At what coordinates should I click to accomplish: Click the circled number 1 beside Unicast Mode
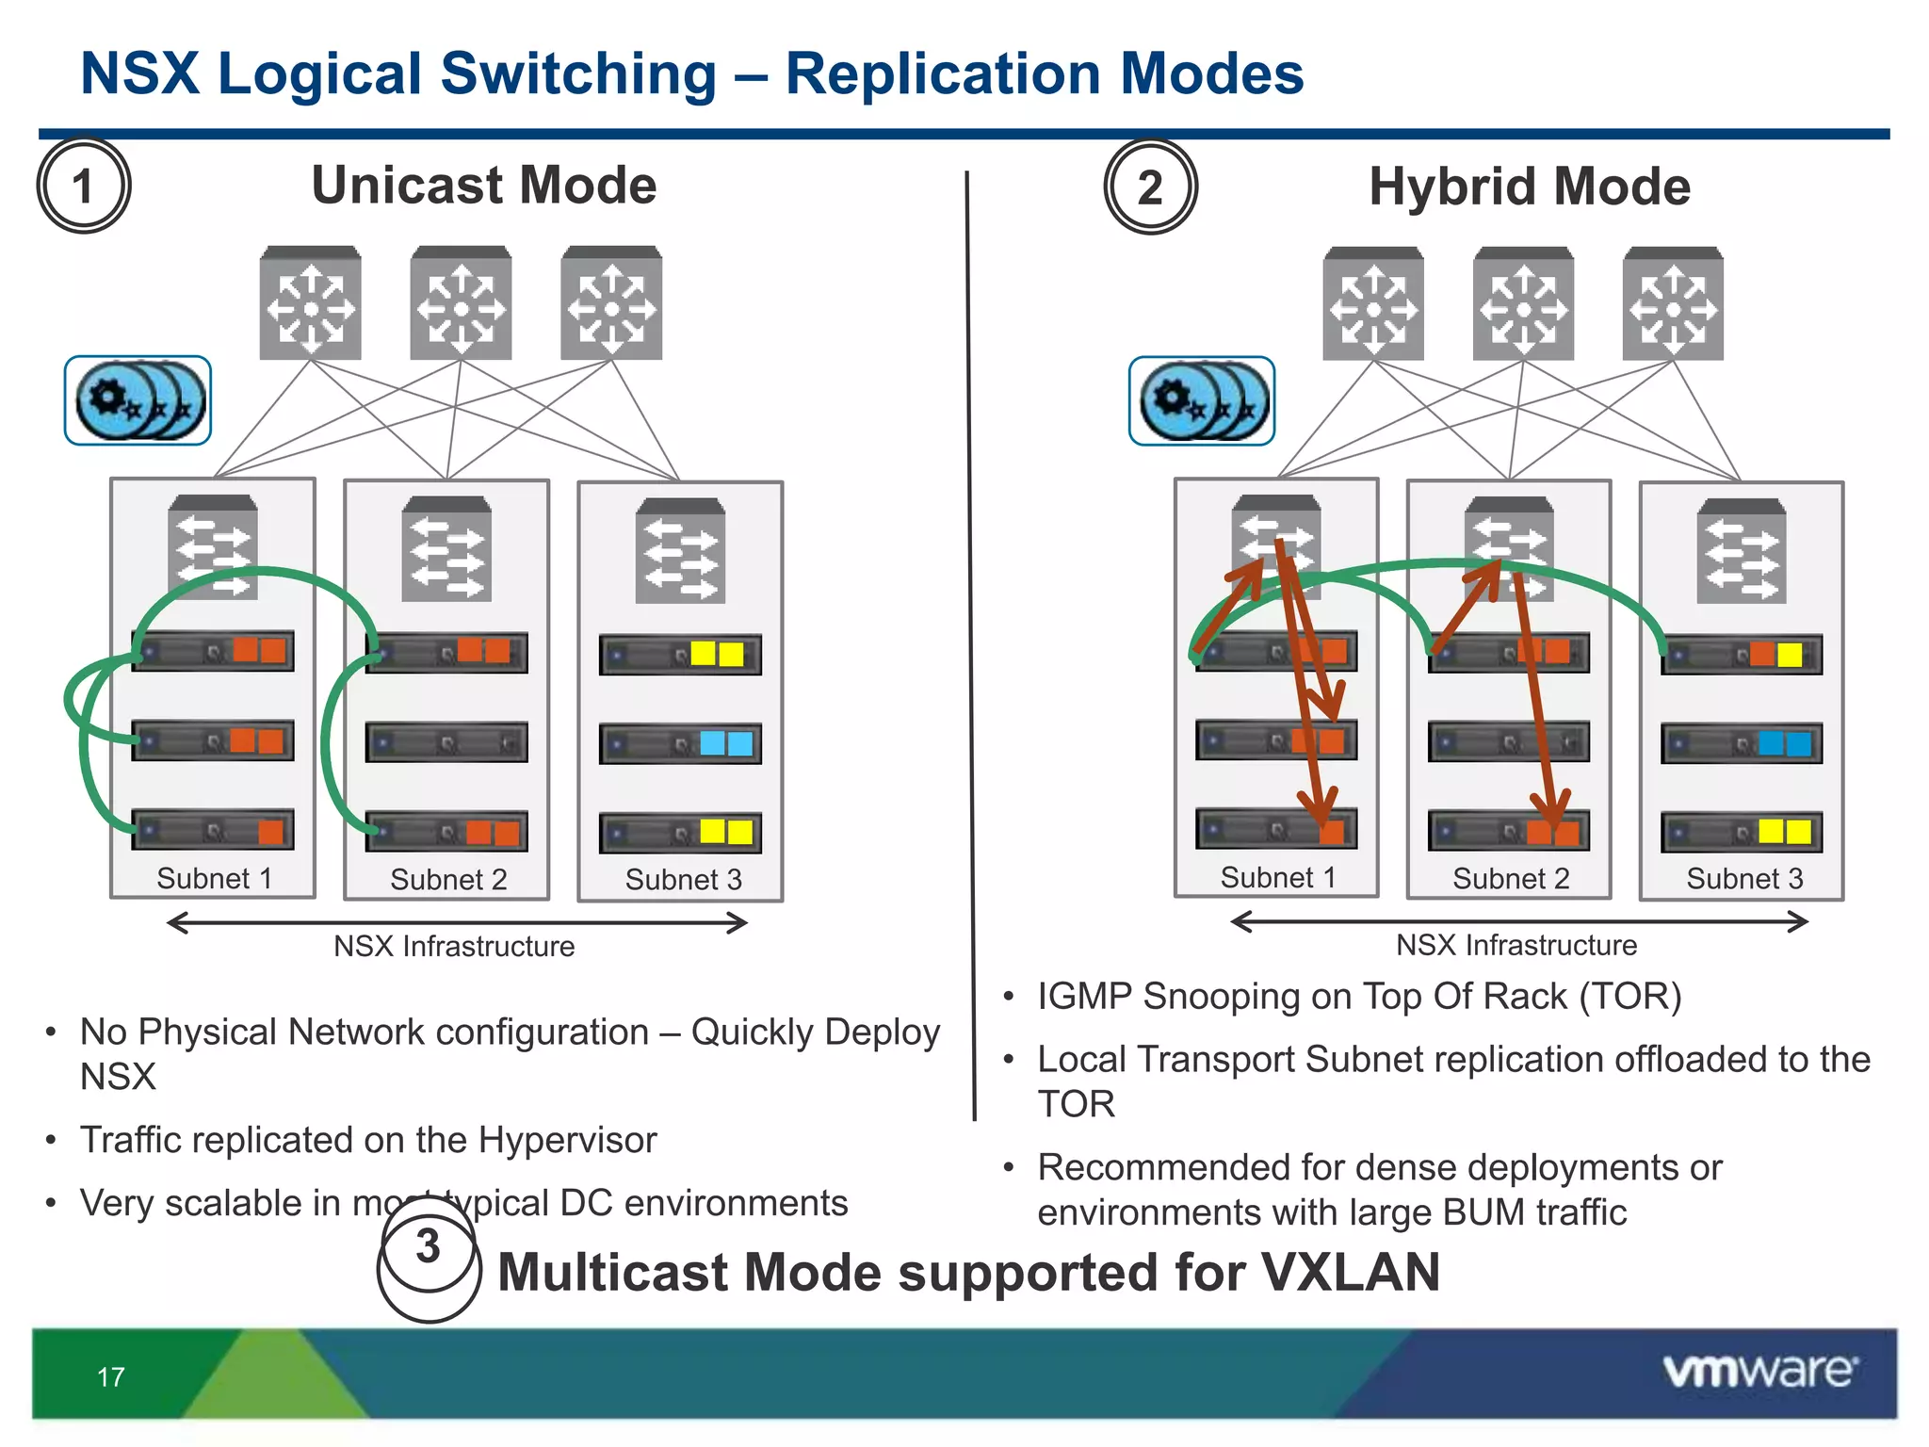[x=83, y=187]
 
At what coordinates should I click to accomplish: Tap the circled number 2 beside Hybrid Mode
[x=1150, y=187]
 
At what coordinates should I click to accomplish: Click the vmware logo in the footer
[x=1759, y=1371]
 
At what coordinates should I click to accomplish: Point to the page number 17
[x=110, y=1377]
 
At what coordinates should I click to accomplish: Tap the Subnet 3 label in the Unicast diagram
[x=683, y=880]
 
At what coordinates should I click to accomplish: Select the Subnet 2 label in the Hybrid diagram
[x=1510, y=879]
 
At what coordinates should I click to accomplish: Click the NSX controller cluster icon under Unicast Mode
[x=138, y=400]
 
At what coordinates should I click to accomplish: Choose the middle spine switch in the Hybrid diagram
[x=1523, y=304]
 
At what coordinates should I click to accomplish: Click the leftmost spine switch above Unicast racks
[x=310, y=303]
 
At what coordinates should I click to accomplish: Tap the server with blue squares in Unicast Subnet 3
[x=680, y=744]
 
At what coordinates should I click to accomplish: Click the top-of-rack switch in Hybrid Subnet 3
[x=1741, y=552]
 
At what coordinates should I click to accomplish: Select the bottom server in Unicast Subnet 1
[x=213, y=830]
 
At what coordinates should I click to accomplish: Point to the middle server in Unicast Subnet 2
[x=446, y=743]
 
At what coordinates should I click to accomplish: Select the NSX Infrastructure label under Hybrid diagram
[x=1516, y=945]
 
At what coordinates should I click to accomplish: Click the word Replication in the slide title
[x=942, y=73]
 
